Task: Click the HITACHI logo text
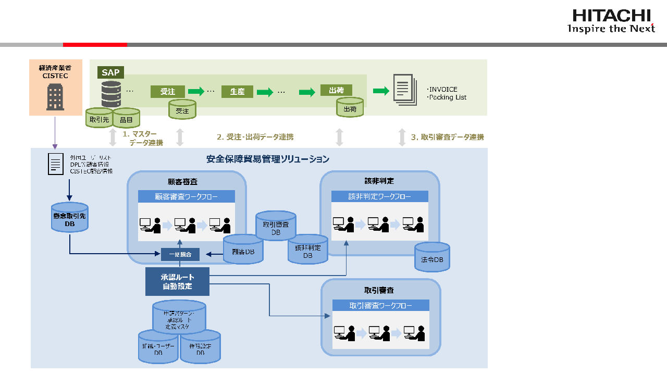611,16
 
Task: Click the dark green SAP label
110,72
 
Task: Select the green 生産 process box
237,92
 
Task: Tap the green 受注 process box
167,92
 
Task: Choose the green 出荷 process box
336,90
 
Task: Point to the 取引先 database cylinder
99,118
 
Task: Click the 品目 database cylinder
127,118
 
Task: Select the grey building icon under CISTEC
55,97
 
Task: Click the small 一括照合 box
180,255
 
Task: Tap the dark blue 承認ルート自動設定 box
177,281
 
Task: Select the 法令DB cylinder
432,257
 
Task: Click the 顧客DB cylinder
243,250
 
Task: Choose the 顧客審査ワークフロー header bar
186,196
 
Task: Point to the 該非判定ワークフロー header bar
379,196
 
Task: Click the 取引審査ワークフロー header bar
380,305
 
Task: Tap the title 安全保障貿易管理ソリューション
268,159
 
